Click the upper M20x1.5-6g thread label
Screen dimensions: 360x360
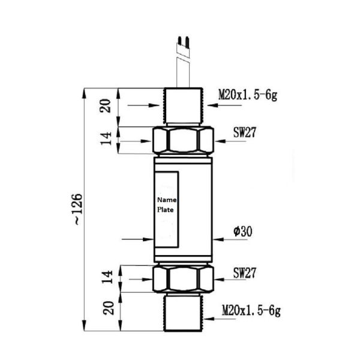coord(247,95)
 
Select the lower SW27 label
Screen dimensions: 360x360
coord(245,274)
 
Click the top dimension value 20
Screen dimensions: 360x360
coord(106,106)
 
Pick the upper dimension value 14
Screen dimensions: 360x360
coord(106,139)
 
